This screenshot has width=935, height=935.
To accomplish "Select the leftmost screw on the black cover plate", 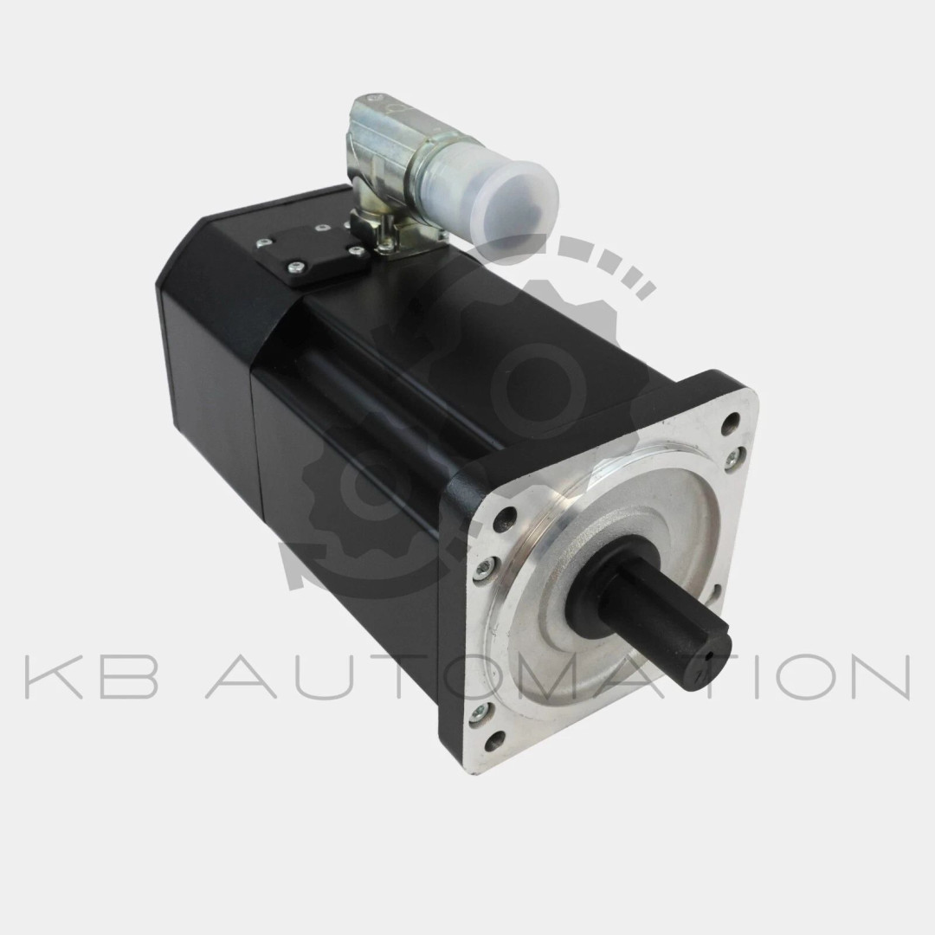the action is [x=261, y=242].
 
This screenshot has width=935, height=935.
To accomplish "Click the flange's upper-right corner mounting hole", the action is [x=729, y=427].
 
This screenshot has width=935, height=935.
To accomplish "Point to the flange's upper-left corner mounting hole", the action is [x=506, y=518].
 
